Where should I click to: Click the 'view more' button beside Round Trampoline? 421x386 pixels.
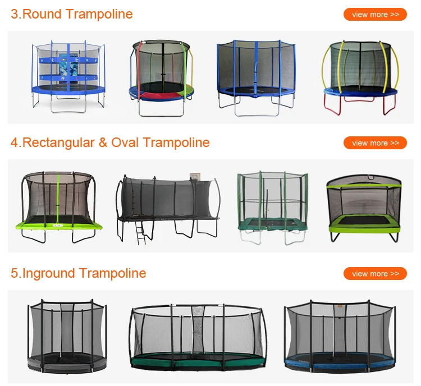[x=375, y=14]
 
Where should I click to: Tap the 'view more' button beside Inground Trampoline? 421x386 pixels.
[x=375, y=274]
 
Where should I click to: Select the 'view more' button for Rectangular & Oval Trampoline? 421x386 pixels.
[x=375, y=143]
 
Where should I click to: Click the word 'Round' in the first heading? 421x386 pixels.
[x=40, y=14]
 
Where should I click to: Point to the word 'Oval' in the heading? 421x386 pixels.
[x=125, y=143]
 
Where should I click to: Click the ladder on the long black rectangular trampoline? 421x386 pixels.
[x=140, y=231]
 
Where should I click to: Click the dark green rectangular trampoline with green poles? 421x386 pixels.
[x=273, y=208]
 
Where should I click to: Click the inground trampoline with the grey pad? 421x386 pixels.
[x=67, y=337]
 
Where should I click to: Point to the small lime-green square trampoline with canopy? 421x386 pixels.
[x=364, y=208]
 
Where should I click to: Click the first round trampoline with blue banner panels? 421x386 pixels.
[x=68, y=76]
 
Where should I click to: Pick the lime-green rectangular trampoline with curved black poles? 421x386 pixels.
[x=58, y=208]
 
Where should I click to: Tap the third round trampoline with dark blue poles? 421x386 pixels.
[x=256, y=76]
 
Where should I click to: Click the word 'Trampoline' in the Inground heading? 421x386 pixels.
[x=113, y=273]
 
